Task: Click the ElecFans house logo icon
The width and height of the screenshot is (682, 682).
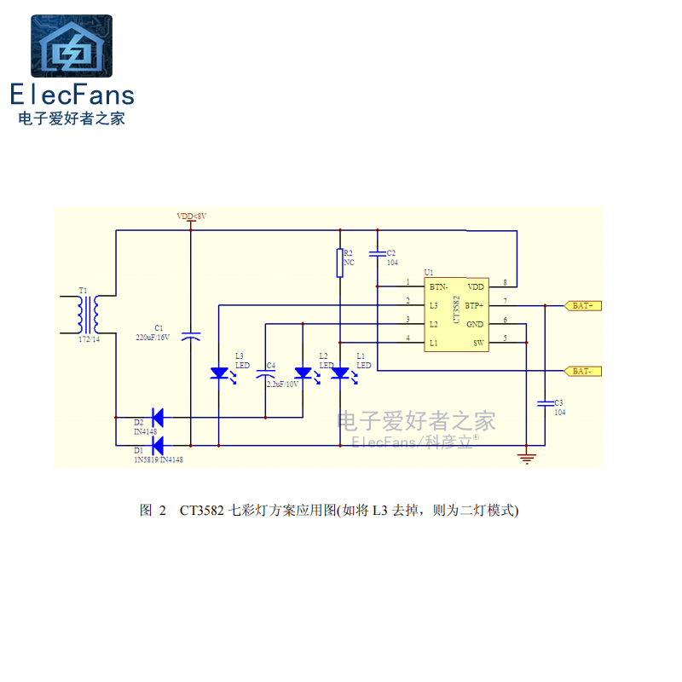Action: (72, 47)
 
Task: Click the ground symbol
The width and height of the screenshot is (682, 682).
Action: (528, 459)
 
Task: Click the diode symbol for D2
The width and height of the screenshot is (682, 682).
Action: (156, 418)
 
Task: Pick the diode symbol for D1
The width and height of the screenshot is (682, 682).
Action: (156, 444)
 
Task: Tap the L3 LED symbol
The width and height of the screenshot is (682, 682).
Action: (219, 373)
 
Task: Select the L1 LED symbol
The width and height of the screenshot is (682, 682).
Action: (340, 373)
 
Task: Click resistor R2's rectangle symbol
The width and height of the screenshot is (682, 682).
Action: (339, 263)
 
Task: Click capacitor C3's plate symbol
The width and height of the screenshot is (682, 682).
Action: (544, 402)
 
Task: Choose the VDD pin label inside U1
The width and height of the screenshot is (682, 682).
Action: (476, 286)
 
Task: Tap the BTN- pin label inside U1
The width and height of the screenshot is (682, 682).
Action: (439, 286)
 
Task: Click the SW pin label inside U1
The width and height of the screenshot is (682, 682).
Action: (478, 343)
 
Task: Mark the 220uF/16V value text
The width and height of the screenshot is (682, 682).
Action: (153, 337)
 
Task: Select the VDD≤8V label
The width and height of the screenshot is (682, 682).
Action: (191, 217)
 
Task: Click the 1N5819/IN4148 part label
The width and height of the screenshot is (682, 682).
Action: (159, 459)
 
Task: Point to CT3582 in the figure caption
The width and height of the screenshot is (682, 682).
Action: (202, 511)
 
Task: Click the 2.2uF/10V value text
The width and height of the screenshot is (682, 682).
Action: (282, 384)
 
